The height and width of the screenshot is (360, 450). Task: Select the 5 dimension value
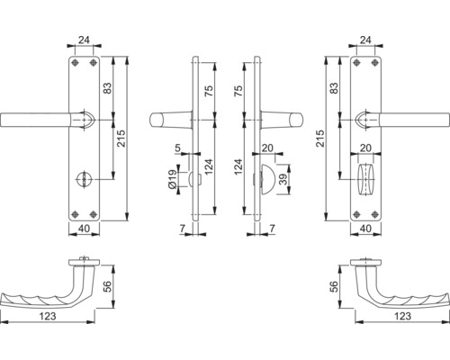click(x=180, y=148)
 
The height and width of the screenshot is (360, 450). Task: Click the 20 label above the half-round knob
click(x=267, y=148)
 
